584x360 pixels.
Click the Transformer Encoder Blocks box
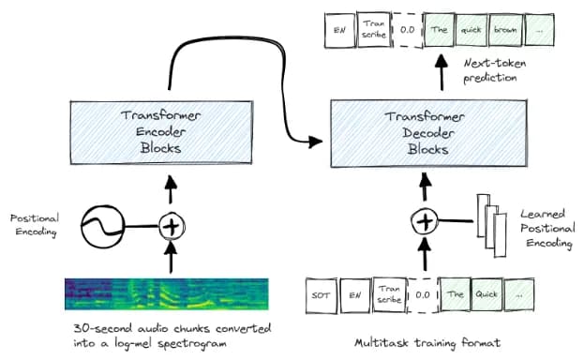[161, 132]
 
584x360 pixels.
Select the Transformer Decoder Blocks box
[428, 133]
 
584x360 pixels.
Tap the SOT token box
[322, 295]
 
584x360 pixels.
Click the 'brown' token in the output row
[505, 30]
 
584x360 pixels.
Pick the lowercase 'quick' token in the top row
[472, 30]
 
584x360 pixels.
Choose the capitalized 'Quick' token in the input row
[487, 294]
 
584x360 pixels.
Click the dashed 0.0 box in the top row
[408, 30]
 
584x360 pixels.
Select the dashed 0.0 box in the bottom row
[423, 295]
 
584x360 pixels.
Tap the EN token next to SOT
[355, 295]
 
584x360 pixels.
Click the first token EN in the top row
[339, 30]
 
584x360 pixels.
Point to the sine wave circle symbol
[103, 226]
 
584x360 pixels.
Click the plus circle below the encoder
[172, 226]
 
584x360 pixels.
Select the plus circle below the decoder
[425, 222]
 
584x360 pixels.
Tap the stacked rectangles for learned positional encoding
[492, 226]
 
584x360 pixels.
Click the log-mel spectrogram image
[167, 294]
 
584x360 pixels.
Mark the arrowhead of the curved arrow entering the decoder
[316, 142]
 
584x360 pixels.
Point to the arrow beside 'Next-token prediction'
[442, 72]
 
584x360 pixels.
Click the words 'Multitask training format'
[427, 342]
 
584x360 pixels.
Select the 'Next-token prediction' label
[495, 70]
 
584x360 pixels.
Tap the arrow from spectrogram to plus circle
[171, 257]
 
